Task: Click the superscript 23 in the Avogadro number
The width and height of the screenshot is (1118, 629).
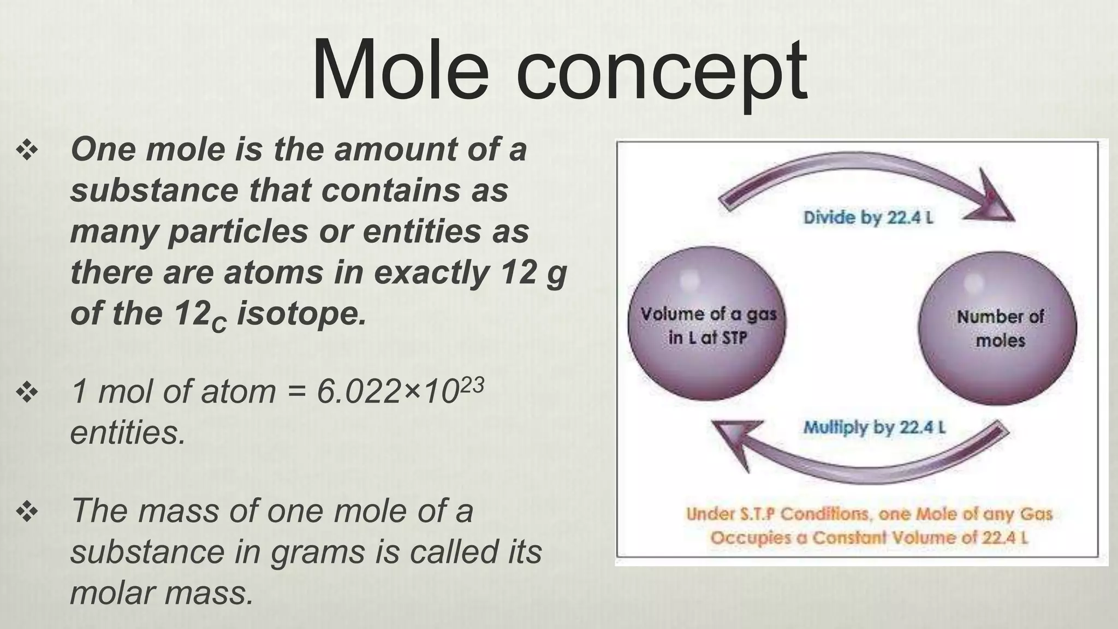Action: pos(472,385)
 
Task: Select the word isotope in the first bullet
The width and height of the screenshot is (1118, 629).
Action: pos(301,314)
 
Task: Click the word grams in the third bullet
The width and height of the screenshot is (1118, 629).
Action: pos(318,551)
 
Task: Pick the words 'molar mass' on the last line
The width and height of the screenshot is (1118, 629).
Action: pos(162,592)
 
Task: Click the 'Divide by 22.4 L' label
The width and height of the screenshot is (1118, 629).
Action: pos(868,218)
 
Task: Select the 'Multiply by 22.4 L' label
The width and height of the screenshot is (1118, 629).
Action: pos(874,427)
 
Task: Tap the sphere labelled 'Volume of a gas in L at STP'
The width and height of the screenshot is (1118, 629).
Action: pos(707,324)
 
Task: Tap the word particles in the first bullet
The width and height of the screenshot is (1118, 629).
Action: pos(239,232)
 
